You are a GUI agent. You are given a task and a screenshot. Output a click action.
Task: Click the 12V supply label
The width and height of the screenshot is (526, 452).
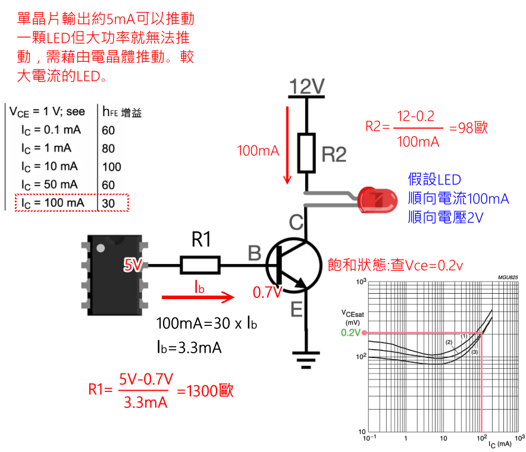(307, 87)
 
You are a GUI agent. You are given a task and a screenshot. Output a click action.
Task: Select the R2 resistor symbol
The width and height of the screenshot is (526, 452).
(307, 153)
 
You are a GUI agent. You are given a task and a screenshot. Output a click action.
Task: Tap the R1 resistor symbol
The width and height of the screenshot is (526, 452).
(201, 265)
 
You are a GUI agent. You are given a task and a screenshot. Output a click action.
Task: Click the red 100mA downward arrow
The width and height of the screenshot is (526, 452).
(289, 146)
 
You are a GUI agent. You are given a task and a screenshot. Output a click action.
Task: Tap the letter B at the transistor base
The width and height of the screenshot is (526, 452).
(254, 254)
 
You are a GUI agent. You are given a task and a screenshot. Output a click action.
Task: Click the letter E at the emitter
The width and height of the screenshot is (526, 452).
(296, 309)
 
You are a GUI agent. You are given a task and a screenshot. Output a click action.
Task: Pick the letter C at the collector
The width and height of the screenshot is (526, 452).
(296, 223)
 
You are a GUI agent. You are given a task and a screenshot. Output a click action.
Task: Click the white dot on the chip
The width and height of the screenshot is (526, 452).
(102, 247)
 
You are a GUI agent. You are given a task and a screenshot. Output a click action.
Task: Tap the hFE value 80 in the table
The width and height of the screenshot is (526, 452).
(108, 148)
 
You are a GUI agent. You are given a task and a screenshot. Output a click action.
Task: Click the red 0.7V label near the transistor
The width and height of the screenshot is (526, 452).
(265, 293)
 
